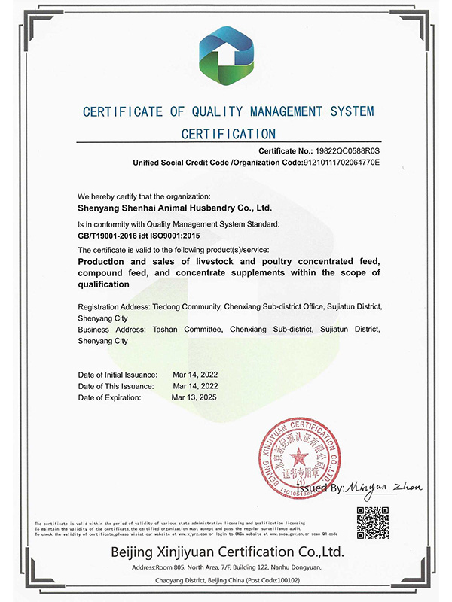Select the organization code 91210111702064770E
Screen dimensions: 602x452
coord(341,162)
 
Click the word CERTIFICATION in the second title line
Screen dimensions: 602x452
coord(229,135)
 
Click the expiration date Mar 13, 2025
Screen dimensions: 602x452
coord(194,397)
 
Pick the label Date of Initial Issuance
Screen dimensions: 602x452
coord(118,374)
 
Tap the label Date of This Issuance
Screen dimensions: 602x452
coord(116,385)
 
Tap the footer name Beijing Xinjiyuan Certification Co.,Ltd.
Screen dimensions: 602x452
coord(226,552)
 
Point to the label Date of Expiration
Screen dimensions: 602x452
coord(110,397)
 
